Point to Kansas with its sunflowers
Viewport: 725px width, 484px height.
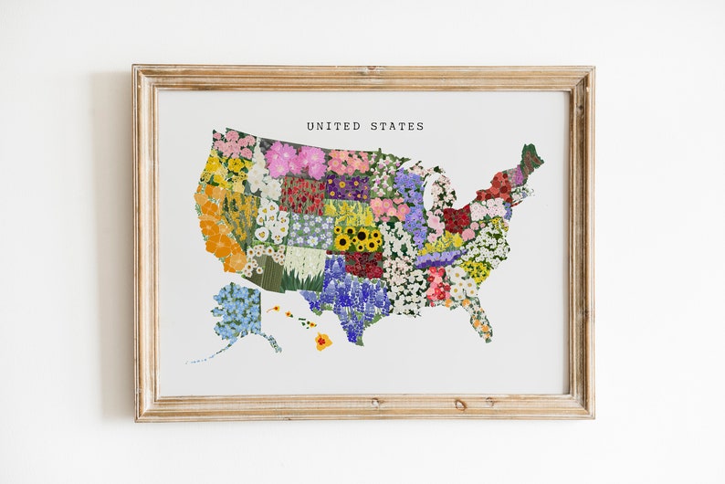tap(358, 239)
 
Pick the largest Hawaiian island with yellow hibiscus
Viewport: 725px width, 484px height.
tap(323, 342)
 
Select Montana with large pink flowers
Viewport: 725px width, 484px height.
tap(297, 160)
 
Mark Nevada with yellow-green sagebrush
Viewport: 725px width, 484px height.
tap(239, 216)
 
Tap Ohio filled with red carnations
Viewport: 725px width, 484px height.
tap(456, 218)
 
